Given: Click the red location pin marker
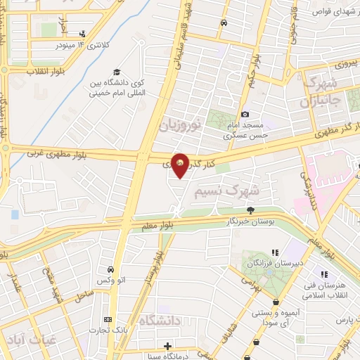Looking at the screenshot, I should click(x=181, y=165).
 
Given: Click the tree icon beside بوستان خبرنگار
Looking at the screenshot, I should click(x=250, y=210).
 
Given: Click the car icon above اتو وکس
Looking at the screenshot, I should click(x=110, y=270).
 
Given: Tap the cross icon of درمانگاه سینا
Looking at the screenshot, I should click(x=167, y=345).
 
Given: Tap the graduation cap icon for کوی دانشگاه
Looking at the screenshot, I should click(x=117, y=72).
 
